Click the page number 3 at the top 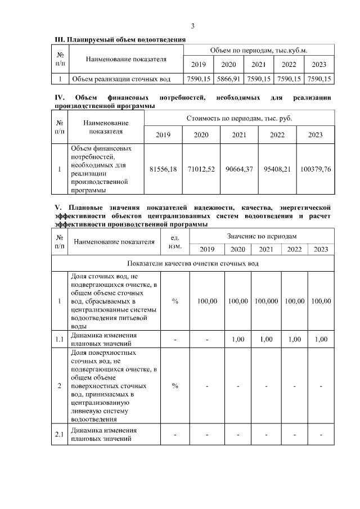[x=192, y=26]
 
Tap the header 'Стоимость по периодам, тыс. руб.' [x=239, y=119]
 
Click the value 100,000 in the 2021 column [x=266, y=301]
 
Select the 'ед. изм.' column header [x=175, y=242]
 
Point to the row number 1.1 [x=59, y=339]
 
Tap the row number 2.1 [x=59, y=435]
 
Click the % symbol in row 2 [x=175, y=386]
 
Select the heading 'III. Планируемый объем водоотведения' [x=119, y=40]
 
